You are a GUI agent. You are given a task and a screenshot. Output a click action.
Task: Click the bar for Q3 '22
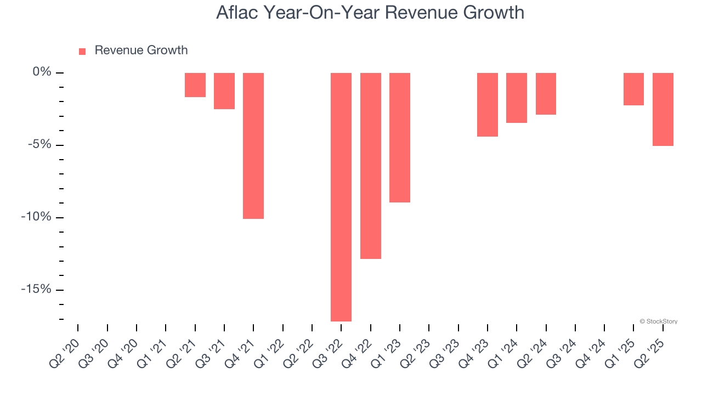point(341,197)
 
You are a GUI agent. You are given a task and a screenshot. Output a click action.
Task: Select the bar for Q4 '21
point(253,146)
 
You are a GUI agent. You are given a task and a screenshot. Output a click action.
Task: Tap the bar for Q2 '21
point(195,85)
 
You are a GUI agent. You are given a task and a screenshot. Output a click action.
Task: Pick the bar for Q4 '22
point(371,166)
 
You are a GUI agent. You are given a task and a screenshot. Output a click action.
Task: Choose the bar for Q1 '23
point(400,138)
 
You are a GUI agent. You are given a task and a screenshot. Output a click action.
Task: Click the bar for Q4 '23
point(488,105)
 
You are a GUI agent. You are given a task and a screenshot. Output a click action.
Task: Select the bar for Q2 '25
point(663,109)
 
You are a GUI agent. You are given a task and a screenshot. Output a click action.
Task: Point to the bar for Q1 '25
point(633,89)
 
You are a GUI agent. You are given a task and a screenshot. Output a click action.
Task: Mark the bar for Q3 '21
point(224,91)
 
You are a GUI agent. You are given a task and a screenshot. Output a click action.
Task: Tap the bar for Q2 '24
point(546,94)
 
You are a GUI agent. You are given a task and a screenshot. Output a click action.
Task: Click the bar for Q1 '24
point(517,98)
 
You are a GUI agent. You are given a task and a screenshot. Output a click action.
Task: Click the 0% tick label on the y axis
point(42,72)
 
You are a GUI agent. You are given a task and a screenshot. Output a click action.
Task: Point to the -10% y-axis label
point(37,217)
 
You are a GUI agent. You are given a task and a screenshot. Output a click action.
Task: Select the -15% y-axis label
point(37,290)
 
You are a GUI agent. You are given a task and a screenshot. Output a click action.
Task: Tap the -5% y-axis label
point(39,145)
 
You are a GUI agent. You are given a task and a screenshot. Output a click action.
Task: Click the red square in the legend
point(82,51)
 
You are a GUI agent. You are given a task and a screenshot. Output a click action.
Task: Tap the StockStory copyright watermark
point(658,321)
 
